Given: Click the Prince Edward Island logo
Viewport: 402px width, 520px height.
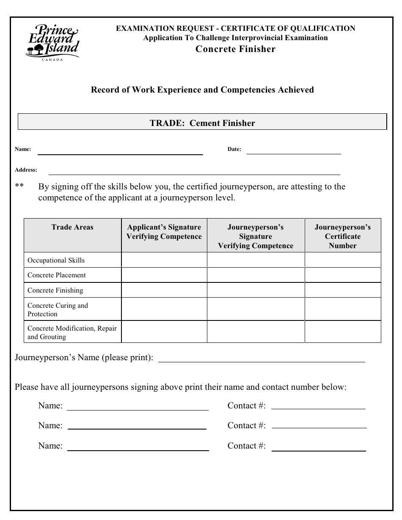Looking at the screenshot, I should [x=52, y=41].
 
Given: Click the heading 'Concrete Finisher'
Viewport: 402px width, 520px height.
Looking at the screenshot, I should [x=235, y=49].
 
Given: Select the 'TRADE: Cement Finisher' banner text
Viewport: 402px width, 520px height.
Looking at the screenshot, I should [x=202, y=123].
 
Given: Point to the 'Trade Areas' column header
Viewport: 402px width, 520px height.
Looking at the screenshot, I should [x=72, y=227].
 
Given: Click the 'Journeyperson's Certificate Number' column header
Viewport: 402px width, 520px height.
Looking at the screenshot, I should [x=342, y=236].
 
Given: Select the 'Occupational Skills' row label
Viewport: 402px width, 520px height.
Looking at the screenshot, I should [x=56, y=260].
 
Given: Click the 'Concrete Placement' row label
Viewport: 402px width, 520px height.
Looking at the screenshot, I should [x=57, y=275].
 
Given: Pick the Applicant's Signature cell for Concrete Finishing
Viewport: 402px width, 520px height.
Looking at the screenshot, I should [x=164, y=290].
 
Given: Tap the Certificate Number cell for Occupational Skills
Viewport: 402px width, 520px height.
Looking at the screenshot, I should [x=343, y=260].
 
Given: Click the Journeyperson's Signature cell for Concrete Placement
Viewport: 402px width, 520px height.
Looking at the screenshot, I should [x=256, y=275].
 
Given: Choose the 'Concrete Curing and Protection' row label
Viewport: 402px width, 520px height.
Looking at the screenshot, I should [x=58, y=310].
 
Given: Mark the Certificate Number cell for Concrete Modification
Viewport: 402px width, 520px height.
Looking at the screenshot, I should [x=343, y=332].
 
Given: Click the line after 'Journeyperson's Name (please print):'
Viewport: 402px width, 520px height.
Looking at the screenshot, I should [x=261, y=359].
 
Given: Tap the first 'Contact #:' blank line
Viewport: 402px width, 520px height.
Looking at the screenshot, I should [x=318, y=407].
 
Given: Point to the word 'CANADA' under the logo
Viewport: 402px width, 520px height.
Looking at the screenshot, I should [x=52, y=60].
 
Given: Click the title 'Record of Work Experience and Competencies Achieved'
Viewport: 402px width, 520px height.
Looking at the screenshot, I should [x=202, y=90].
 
